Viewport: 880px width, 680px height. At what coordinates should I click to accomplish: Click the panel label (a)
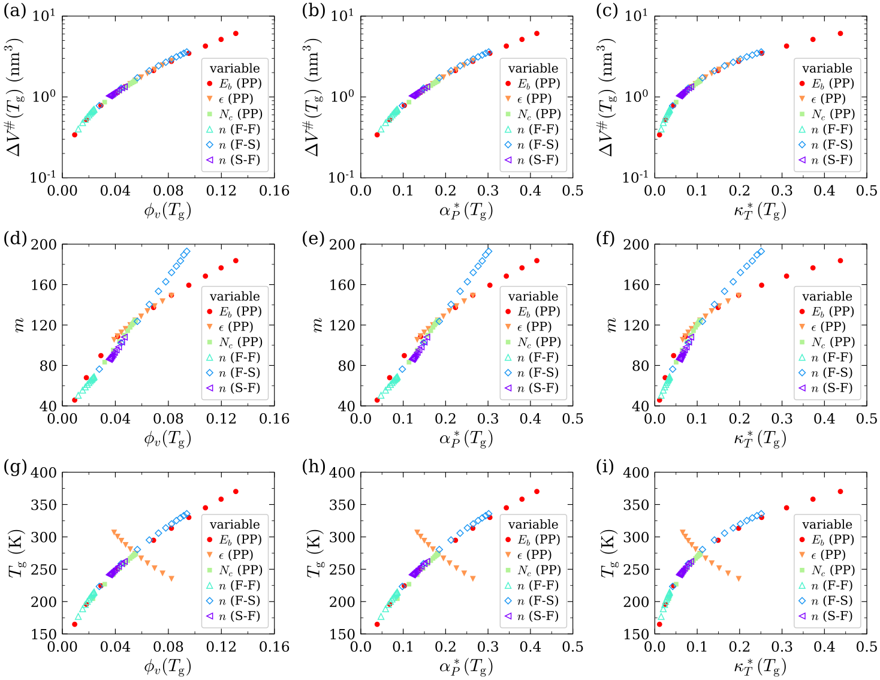click(14, 10)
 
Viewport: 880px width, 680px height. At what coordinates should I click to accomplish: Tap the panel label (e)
click(314, 238)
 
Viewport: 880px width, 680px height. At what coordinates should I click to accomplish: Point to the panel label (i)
click(607, 466)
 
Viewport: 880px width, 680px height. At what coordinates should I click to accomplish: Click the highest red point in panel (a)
click(236, 34)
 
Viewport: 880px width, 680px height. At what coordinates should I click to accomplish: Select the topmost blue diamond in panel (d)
click(186, 251)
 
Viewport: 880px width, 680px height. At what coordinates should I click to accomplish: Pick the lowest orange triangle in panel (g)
click(171, 579)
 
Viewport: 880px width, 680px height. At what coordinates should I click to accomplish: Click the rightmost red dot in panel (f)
click(840, 261)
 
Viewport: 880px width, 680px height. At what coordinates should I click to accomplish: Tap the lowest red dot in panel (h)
click(377, 624)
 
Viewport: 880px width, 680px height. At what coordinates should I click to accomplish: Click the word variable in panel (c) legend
click(827, 68)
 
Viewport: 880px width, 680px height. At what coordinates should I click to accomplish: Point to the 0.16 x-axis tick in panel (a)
click(275, 191)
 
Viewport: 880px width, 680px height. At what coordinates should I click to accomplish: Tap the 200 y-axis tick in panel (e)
click(343, 245)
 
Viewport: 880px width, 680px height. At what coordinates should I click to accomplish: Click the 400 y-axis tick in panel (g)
click(44, 473)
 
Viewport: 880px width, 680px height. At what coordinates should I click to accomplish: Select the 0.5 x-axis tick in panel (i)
click(866, 646)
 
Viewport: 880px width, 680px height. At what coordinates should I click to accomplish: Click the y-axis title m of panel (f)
click(611, 325)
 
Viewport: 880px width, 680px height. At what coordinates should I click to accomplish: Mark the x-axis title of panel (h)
click(466, 666)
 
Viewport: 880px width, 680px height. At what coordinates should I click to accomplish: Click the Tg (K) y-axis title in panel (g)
click(16, 553)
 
